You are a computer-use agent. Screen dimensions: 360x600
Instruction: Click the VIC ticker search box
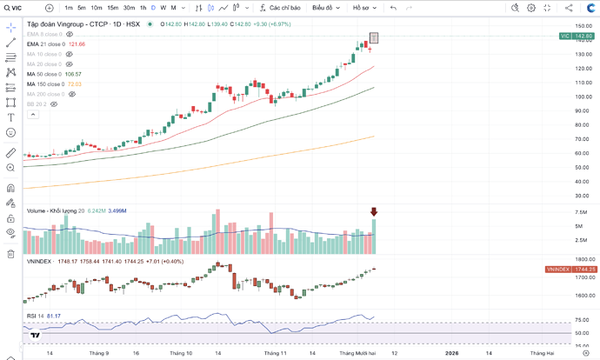(x=19, y=8)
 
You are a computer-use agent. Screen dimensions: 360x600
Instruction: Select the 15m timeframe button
(x=113, y=8)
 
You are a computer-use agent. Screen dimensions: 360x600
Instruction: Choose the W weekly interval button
(x=163, y=8)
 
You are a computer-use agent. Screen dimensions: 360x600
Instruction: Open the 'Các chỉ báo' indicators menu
(x=279, y=8)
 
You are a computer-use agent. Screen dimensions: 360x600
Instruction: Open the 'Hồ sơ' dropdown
(x=364, y=8)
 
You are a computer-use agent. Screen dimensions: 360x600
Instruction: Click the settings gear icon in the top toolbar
(x=548, y=8)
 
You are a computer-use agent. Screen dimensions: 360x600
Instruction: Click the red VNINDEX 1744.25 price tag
(x=570, y=270)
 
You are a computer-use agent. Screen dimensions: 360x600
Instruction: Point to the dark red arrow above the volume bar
(x=374, y=212)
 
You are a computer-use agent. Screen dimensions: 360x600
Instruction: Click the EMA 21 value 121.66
(x=77, y=43)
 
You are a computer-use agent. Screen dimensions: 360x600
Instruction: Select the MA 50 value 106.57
(x=73, y=74)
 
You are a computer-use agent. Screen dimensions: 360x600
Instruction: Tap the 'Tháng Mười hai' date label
(x=357, y=353)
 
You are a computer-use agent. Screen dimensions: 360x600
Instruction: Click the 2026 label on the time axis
(x=452, y=353)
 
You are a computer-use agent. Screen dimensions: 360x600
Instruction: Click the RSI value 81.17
(x=52, y=316)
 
